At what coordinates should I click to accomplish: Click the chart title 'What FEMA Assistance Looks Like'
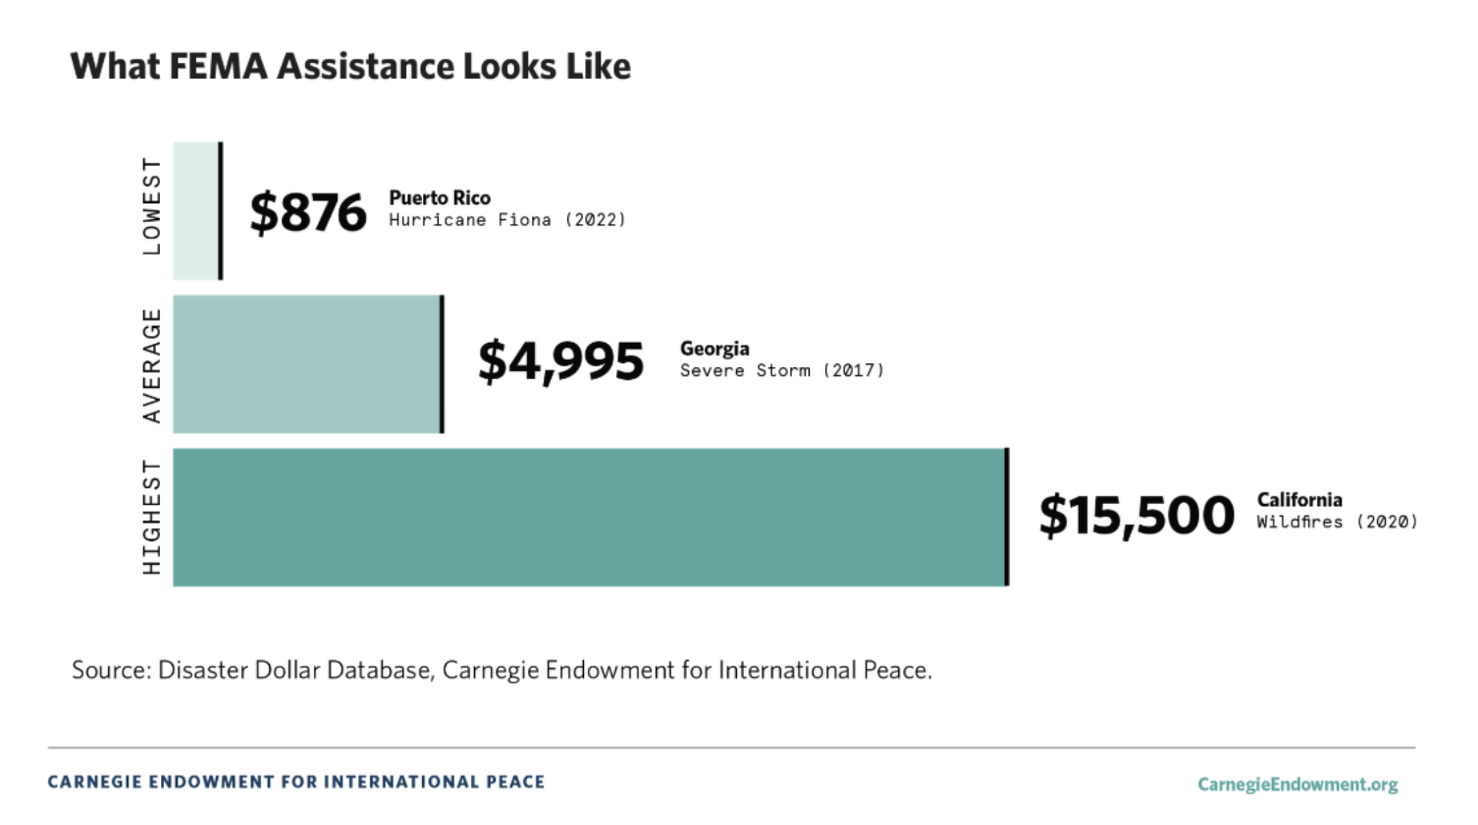[x=350, y=67]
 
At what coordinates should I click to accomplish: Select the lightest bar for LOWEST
[x=195, y=210]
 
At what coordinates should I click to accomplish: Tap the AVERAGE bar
[x=306, y=363]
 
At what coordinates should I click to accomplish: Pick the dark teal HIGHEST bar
[x=589, y=518]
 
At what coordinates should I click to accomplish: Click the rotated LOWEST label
[x=151, y=206]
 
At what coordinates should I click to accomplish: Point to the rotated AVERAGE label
[x=151, y=365]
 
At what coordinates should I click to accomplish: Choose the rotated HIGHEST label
[x=151, y=517]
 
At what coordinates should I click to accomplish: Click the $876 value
[x=308, y=212]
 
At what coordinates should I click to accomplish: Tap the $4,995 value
[x=560, y=361]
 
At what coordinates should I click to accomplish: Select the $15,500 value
[x=1136, y=516]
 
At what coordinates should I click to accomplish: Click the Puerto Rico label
[x=440, y=197]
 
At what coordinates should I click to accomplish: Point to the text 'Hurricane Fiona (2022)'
[x=506, y=220]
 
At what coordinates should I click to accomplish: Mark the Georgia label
[x=714, y=349]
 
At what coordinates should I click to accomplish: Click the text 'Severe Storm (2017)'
[x=781, y=370]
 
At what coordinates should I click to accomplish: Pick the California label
[x=1299, y=499]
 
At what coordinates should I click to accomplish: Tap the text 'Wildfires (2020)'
[x=1337, y=522]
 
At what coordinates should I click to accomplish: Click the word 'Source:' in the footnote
[x=111, y=671]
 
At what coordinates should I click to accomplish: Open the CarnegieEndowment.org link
[x=1297, y=784]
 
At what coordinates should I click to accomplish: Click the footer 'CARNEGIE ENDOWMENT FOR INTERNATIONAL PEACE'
[x=296, y=782]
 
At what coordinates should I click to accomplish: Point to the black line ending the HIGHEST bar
[x=1007, y=518]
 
